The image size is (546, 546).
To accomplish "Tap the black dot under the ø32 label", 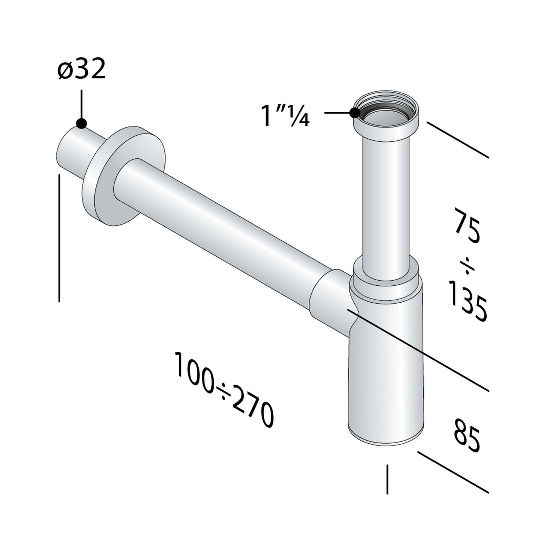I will pyautogui.click(x=81, y=123).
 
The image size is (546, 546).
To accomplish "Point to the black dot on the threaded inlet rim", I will pyautogui.click(x=354, y=112).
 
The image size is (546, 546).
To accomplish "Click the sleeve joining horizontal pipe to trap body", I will pyautogui.click(x=329, y=299).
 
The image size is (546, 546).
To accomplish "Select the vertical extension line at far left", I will pyautogui.click(x=59, y=238).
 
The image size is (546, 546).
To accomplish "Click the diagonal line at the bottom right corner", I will pyautogui.click(x=453, y=472).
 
